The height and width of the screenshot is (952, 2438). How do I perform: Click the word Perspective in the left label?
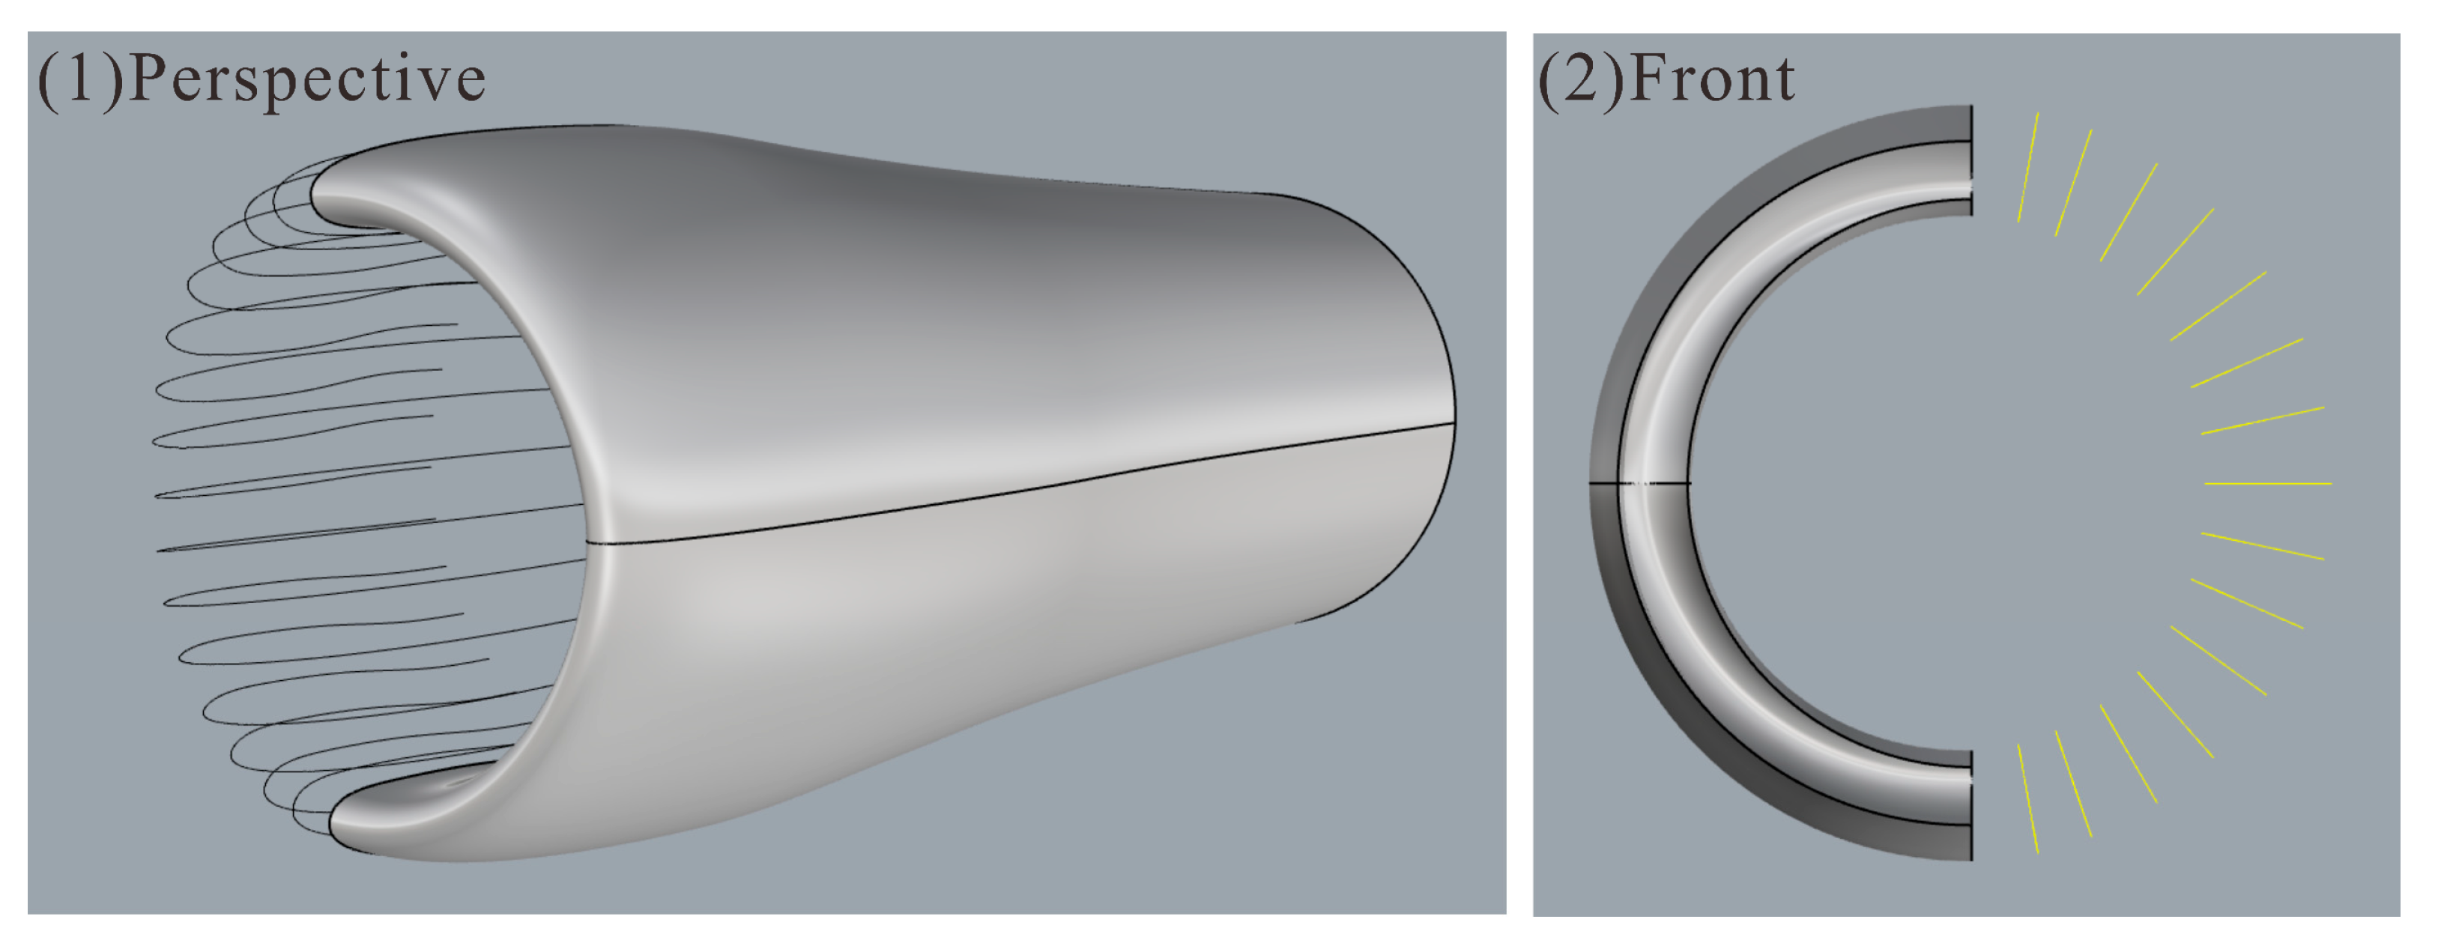tap(306, 80)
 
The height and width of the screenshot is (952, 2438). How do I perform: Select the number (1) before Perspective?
tap(79, 79)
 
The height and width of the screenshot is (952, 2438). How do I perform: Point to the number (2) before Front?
tap(1582, 79)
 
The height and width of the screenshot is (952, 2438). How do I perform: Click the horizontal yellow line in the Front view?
tap(2268, 484)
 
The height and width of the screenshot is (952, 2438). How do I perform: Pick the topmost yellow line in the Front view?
tap(2028, 169)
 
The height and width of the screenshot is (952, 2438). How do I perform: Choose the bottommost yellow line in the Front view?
tap(2028, 798)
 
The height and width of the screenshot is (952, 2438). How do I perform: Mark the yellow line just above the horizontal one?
tap(2262, 421)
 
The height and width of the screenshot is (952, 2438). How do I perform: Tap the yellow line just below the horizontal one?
tap(2262, 546)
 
